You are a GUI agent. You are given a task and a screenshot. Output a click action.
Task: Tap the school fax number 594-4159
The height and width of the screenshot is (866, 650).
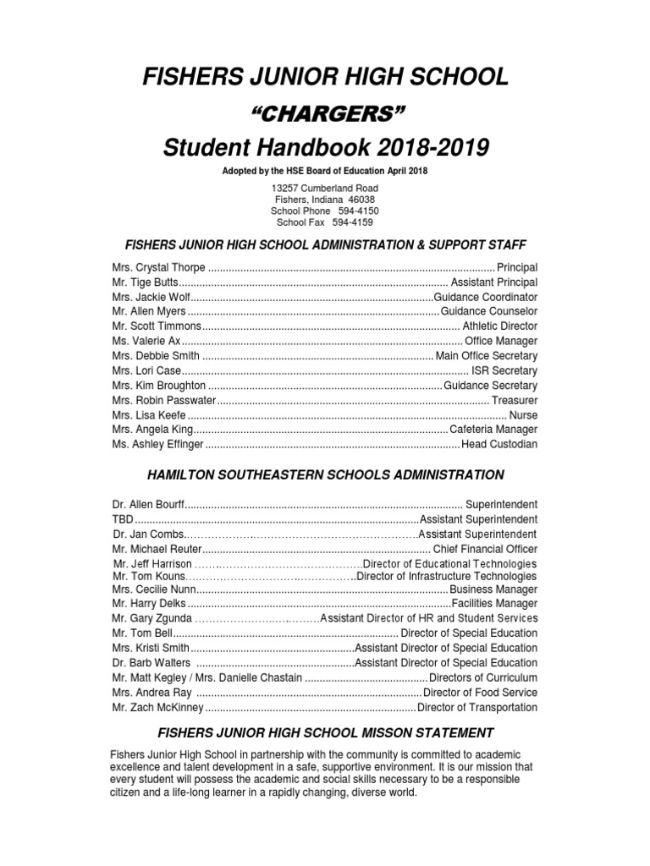point(351,222)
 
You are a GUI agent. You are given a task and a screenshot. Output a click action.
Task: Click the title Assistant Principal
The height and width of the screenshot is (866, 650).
point(494,282)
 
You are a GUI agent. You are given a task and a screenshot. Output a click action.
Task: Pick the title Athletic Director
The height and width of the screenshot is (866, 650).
point(500,326)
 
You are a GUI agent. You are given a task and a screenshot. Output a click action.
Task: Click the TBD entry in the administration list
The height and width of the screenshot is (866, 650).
point(123,519)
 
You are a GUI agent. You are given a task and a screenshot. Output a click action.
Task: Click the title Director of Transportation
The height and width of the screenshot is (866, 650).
point(478,707)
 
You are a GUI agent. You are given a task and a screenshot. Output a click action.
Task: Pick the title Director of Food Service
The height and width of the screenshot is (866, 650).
point(480,692)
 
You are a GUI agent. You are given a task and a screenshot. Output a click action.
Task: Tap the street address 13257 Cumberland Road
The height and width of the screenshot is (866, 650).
point(325,187)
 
